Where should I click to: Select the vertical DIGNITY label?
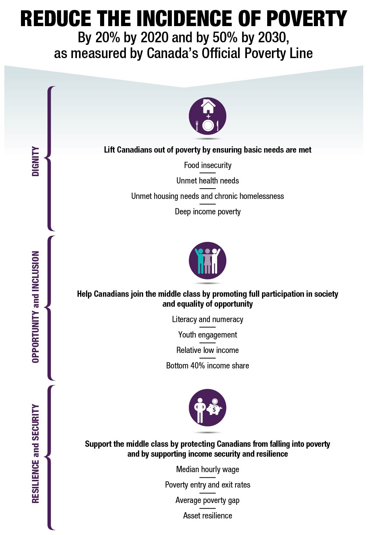point(35,161)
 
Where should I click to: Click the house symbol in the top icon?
point(208,106)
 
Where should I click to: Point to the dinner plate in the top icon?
point(208,125)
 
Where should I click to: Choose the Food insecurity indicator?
point(208,165)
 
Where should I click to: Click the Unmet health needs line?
point(208,181)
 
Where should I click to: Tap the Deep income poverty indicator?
point(208,212)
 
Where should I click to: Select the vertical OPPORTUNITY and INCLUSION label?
point(35,307)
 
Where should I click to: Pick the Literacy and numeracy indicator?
point(208,320)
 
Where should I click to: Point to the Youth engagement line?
point(208,335)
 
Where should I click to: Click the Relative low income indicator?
point(208,350)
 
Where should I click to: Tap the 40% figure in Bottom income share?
point(198,366)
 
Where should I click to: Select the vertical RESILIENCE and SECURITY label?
point(35,454)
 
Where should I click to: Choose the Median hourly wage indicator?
point(208,470)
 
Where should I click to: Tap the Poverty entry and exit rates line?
point(208,485)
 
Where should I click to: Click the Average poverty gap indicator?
point(208,500)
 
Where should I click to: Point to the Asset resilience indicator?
point(208,516)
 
